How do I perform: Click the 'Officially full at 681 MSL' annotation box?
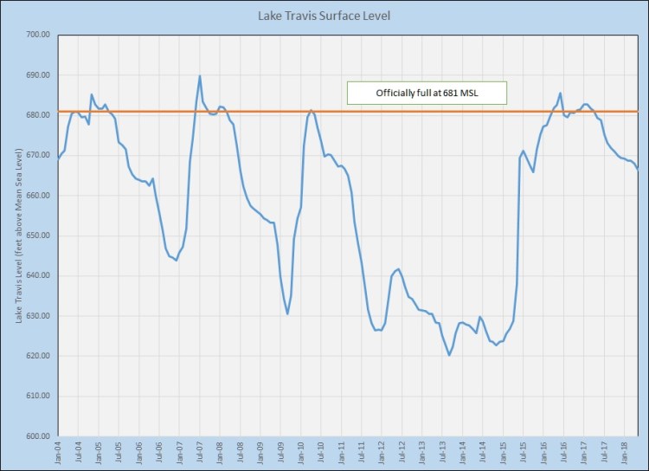pyautogui.click(x=427, y=93)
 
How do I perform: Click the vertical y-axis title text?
pyautogui.click(x=19, y=235)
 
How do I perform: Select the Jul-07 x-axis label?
pyautogui.click(x=201, y=452)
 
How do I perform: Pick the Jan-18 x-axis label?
pyautogui.click(x=626, y=452)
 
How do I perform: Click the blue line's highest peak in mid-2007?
pyautogui.click(x=200, y=76)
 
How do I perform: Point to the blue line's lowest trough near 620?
pyautogui.click(x=449, y=355)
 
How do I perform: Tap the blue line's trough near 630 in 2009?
pyautogui.click(x=287, y=313)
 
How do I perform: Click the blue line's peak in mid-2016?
pyautogui.click(x=561, y=94)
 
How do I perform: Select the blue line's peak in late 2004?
pyautogui.click(x=92, y=95)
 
